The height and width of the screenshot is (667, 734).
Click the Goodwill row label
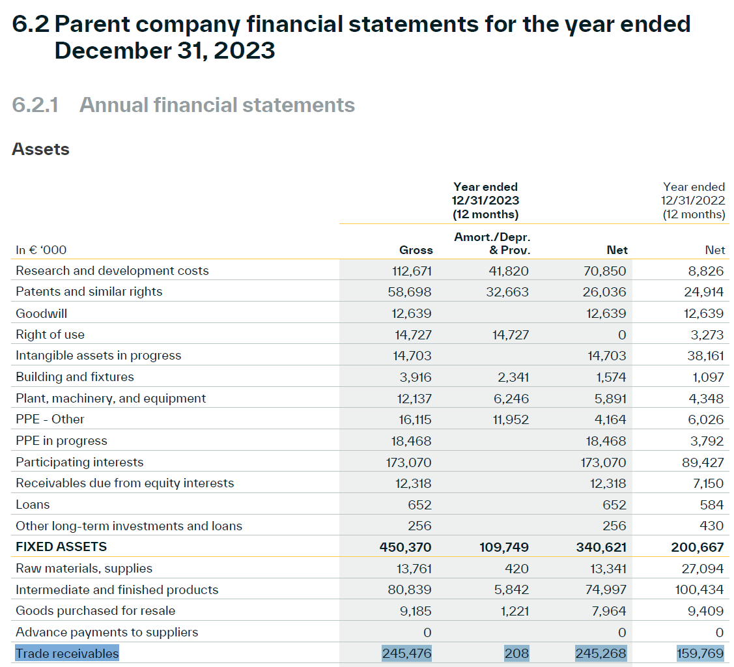(42, 313)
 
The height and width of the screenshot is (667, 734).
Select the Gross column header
(416, 250)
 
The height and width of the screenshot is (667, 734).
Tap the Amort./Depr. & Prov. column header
(492, 244)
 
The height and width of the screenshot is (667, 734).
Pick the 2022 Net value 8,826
(707, 271)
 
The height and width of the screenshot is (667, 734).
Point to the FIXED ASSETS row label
(61, 546)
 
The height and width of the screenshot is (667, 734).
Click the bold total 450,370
(405, 547)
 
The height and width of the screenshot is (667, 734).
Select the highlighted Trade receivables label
(67, 653)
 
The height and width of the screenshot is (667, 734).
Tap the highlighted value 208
(516, 653)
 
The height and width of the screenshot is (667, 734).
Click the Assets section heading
(41, 149)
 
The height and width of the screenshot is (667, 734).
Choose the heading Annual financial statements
(217, 105)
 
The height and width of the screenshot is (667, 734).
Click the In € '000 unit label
(41, 250)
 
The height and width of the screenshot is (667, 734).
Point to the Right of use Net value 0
(621, 335)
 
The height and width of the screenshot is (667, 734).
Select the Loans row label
(33, 505)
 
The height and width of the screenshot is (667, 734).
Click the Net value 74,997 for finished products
(605, 590)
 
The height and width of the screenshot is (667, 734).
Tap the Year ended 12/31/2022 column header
(694, 201)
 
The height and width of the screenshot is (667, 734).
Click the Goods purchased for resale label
(95, 611)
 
